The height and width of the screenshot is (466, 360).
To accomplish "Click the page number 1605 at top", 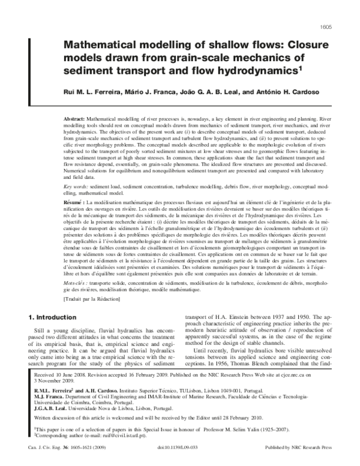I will tap(343, 10).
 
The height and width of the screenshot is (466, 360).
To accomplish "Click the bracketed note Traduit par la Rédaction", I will tap(92, 298).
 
